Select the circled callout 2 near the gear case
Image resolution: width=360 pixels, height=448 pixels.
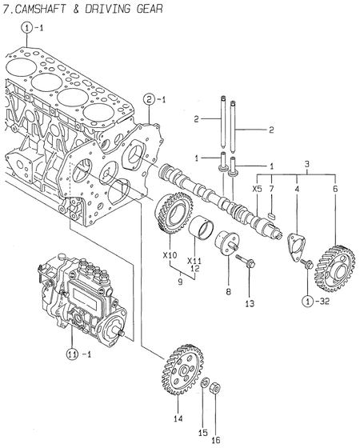coord(149,99)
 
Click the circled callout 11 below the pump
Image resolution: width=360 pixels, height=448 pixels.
coord(72,354)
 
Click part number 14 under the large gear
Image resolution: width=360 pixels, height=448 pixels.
coord(178,418)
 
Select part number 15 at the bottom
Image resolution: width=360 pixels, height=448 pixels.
coord(203,421)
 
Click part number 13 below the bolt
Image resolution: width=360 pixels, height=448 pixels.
coord(249,303)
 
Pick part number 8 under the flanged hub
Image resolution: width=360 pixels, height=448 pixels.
coord(227,293)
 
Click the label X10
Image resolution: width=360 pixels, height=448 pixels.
coord(169,255)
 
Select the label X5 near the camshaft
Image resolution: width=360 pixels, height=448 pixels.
coord(257,189)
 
